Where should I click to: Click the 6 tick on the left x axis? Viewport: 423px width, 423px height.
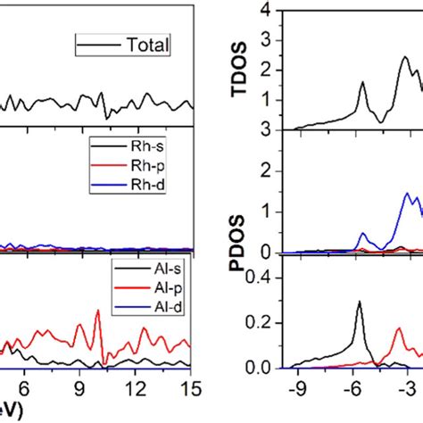coord(24,387)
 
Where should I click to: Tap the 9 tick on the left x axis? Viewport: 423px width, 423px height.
coord(79,387)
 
